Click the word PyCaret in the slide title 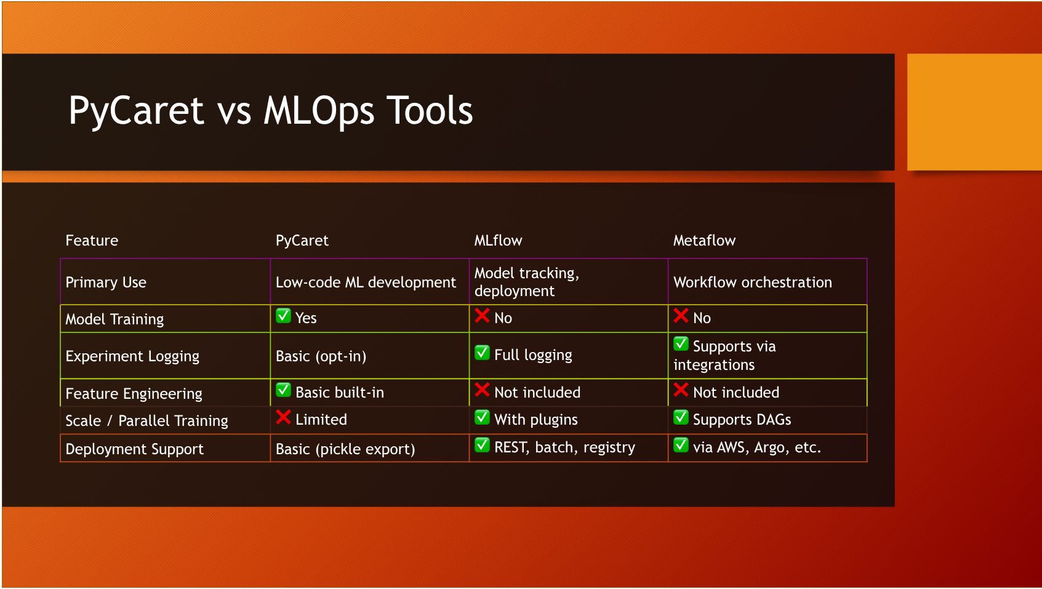coord(136,111)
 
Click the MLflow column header coord(498,241)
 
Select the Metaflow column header coord(704,241)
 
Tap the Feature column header coord(92,241)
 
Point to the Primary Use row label coord(106,282)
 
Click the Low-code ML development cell coord(366,282)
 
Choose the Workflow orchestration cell coord(752,282)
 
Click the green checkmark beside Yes coord(283,316)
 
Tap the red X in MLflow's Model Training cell coord(482,316)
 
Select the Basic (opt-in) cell coord(321,356)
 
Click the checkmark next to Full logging coord(482,353)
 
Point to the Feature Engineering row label coord(134,394)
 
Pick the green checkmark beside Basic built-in coord(283,390)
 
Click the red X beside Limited coord(283,417)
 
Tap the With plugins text coord(536,420)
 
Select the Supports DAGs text coord(742,420)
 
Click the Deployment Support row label coord(134,449)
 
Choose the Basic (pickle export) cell coord(345,449)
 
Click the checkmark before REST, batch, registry coord(482,445)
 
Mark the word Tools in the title coord(430,111)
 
